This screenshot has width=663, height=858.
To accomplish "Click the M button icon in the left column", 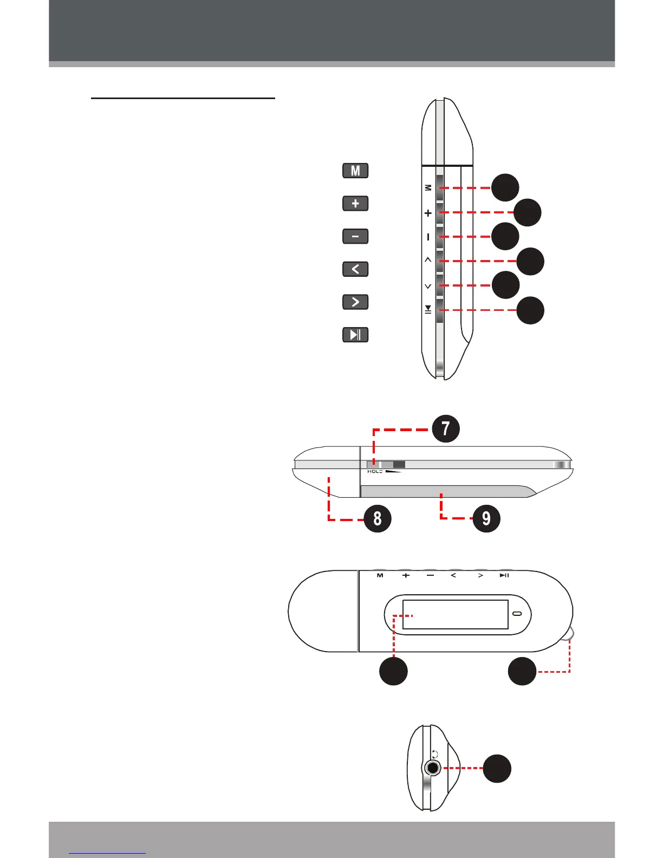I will [x=355, y=171].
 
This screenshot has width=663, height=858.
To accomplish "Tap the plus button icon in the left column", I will [x=355, y=204].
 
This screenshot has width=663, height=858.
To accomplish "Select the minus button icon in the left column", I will [x=355, y=237].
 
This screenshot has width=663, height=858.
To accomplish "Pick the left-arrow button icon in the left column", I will [x=355, y=269].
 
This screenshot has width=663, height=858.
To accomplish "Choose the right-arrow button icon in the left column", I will [x=355, y=302].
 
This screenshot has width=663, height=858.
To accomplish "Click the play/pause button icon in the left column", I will [x=355, y=335].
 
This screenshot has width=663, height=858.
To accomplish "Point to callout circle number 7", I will [x=445, y=429].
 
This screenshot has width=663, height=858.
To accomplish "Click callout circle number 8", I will [x=377, y=518].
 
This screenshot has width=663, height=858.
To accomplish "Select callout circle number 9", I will [x=486, y=518].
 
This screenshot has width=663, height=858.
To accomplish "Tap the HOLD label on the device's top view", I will [x=375, y=472].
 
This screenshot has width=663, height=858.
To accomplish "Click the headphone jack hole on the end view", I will [x=432, y=768].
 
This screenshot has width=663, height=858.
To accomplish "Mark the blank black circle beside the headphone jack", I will [x=497, y=769].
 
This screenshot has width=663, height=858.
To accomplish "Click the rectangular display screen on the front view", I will [x=455, y=614].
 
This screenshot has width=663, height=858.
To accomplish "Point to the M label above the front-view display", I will [x=380, y=575].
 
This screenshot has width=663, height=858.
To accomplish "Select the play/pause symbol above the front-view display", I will [x=504, y=575].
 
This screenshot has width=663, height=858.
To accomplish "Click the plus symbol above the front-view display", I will [x=406, y=575].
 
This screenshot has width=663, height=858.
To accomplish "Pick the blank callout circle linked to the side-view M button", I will [x=505, y=187].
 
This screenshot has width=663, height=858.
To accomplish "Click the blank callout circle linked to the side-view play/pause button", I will [x=530, y=310].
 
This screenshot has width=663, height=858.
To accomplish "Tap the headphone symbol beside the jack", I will [x=435, y=753].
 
